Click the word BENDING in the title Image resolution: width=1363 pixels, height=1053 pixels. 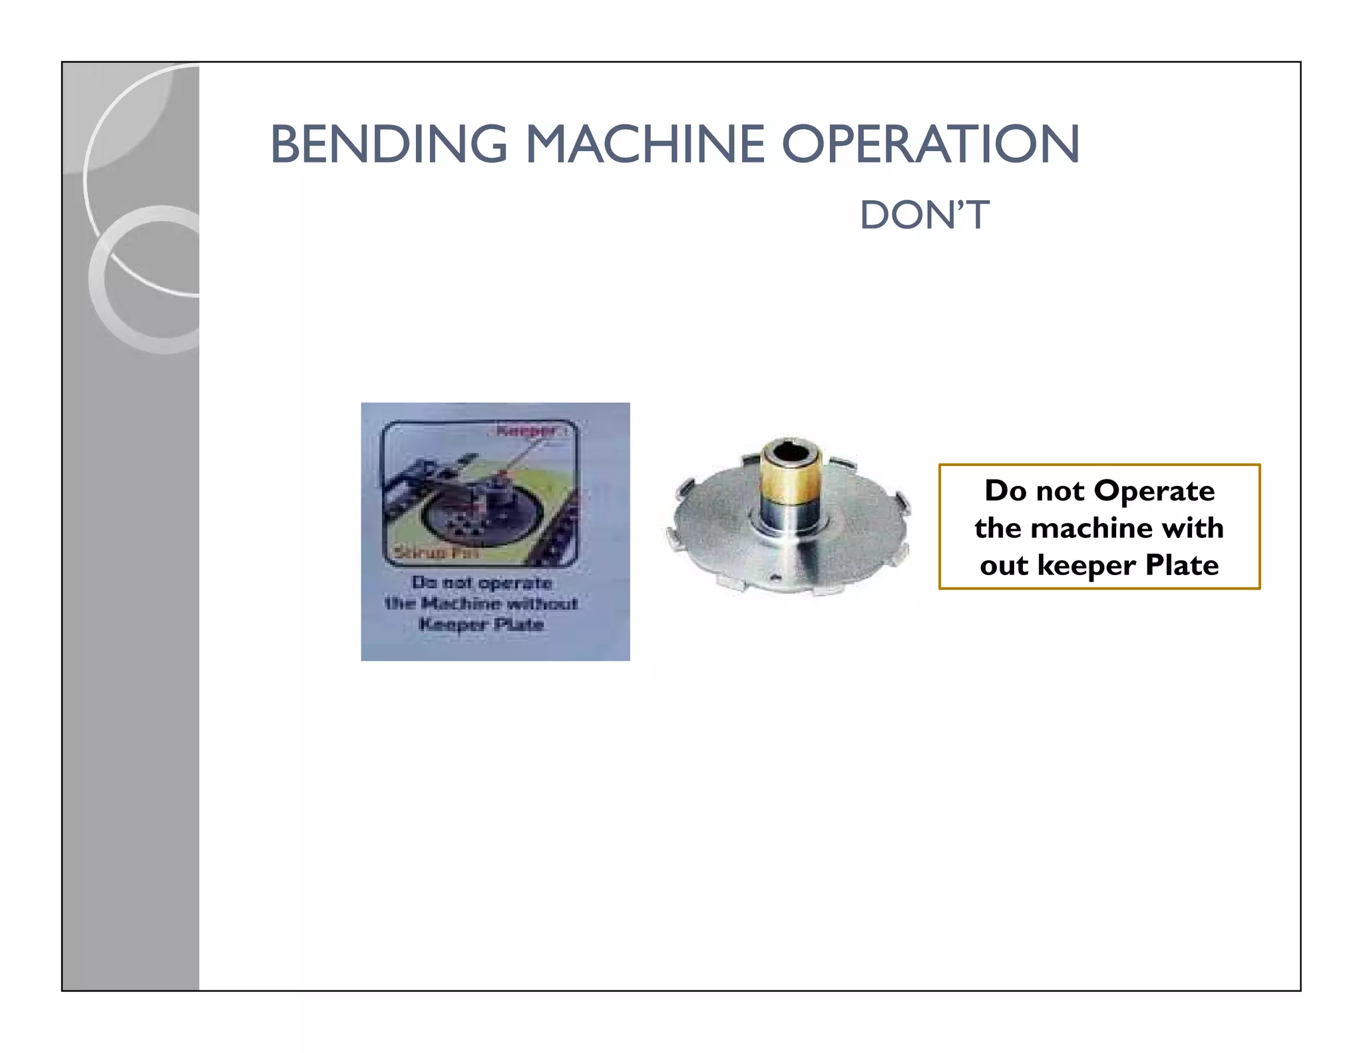389,144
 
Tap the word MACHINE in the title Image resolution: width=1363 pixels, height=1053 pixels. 646,144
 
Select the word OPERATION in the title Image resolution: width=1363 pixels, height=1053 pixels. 930,144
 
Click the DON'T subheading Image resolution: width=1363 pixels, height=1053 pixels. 924,216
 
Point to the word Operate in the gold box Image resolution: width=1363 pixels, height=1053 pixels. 1154,491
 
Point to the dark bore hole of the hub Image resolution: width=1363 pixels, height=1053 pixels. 792,454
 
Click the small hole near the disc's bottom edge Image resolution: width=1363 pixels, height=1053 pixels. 774,578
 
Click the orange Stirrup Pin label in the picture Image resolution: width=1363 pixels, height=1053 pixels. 436,552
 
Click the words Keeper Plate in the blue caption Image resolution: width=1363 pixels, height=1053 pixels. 481,625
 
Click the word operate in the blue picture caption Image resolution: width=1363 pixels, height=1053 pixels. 514,583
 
